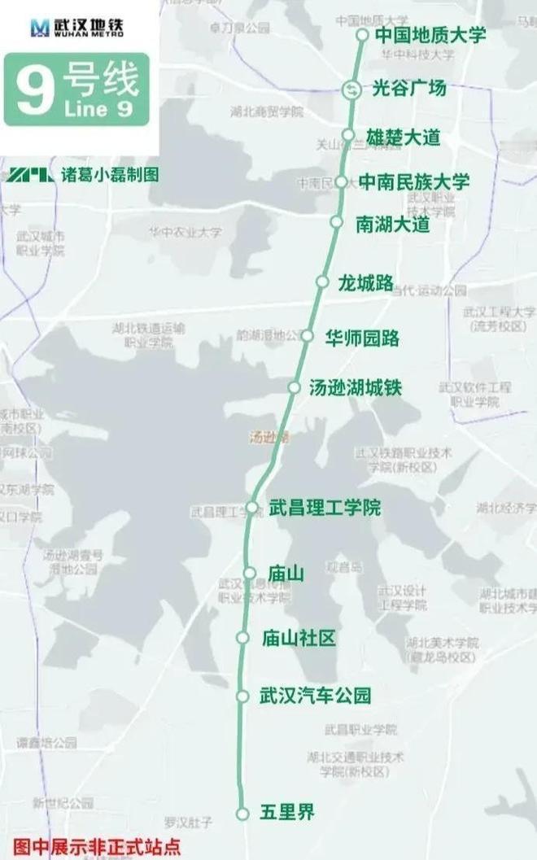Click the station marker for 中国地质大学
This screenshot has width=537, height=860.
click(362, 35)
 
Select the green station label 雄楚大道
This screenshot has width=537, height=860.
click(403, 137)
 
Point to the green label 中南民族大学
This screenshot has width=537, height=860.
click(414, 181)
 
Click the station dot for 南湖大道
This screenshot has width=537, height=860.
click(336, 221)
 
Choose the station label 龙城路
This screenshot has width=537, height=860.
click(365, 282)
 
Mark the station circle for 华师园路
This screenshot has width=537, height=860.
click(308, 335)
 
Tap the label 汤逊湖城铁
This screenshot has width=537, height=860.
click(356, 388)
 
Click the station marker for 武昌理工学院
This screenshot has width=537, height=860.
click(252, 507)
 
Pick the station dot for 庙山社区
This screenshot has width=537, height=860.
click(242, 638)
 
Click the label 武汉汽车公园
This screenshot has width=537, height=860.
click(315, 696)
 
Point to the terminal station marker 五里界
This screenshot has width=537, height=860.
click(242, 813)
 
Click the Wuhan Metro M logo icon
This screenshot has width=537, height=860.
click(40, 28)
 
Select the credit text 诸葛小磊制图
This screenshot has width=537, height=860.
click(109, 174)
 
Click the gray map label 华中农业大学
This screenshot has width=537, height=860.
click(185, 232)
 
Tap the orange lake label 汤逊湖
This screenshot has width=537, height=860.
click(268, 437)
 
